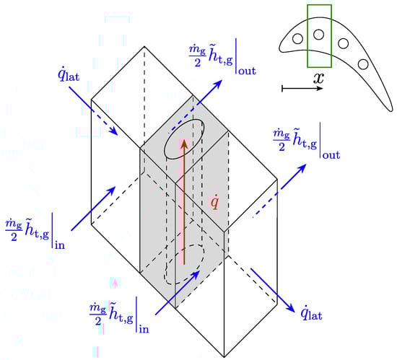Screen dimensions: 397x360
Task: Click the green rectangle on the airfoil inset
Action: tap(307, 36)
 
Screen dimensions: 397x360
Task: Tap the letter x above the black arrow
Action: tap(318, 78)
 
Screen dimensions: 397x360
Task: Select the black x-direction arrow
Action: tap(302, 88)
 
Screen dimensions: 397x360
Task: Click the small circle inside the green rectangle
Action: tap(318, 35)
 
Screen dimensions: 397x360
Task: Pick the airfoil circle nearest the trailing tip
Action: tap(363, 64)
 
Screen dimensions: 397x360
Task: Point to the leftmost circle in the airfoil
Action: tap(297, 39)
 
